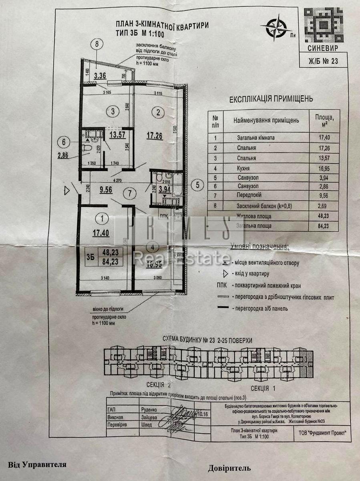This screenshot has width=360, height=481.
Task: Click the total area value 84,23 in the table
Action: click(x=322, y=226)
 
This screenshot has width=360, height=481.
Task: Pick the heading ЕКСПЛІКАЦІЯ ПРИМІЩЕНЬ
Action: click(x=271, y=99)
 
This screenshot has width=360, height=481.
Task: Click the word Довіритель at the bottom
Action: click(x=229, y=467)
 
